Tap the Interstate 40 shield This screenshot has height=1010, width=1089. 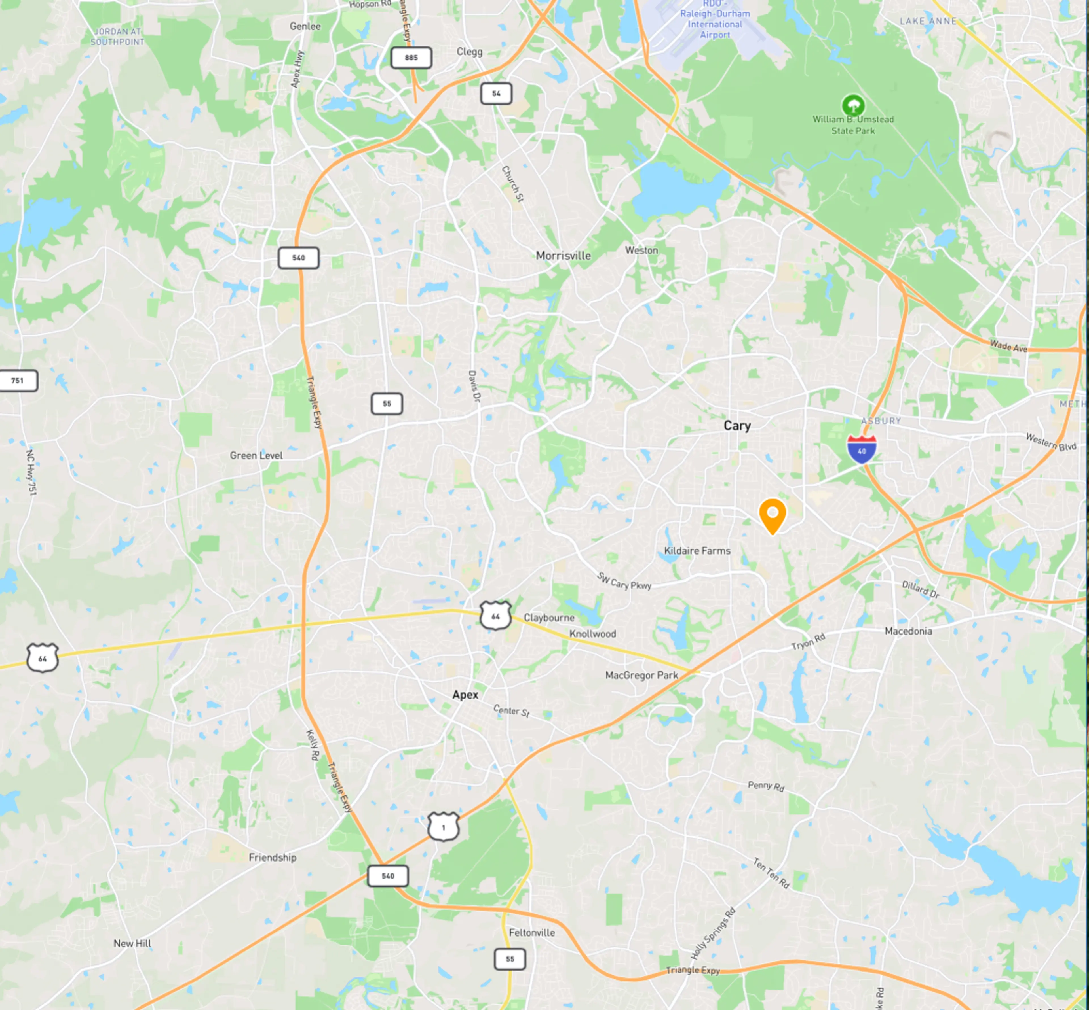click(862, 450)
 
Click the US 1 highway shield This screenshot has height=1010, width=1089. click(443, 827)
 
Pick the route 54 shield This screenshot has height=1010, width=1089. click(496, 94)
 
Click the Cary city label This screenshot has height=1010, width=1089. click(737, 426)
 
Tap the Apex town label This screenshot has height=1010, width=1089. click(465, 695)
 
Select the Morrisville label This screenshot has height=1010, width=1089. click(563, 256)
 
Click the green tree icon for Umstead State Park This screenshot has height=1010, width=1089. click(853, 105)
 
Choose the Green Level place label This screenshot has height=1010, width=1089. click(256, 455)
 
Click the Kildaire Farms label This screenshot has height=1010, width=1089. click(697, 551)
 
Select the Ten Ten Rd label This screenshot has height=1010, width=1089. click(771, 873)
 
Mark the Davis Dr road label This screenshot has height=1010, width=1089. click(474, 387)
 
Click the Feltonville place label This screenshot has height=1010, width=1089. click(532, 932)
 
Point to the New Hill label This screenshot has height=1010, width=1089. click(132, 943)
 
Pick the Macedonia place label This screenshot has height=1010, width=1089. click(908, 631)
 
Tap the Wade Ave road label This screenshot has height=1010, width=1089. click(1008, 346)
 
